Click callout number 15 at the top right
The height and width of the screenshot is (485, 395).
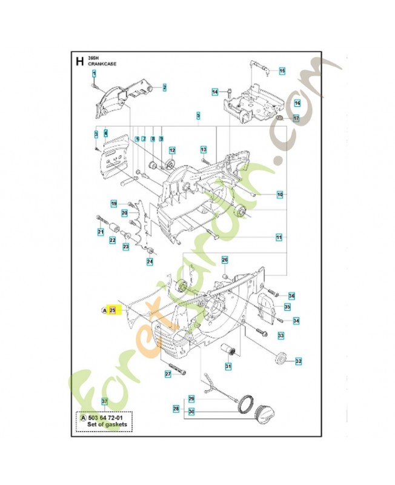coord(282,72)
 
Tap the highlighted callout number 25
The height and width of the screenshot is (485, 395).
coord(112,310)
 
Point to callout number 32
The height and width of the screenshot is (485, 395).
coord(298,361)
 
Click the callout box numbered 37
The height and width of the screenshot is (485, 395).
coord(104,401)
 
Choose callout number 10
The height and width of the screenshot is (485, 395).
coord(280,195)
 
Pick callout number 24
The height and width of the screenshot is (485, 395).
coord(149,262)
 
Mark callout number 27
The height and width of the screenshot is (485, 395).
coord(168,375)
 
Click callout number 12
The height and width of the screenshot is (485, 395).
coord(172,150)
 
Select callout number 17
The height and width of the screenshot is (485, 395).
coord(296,119)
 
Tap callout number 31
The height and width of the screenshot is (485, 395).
coord(228,366)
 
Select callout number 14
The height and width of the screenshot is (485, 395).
coord(214,92)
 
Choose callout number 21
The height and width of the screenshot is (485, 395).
coord(101,232)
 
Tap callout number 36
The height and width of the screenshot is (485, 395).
coord(291,296)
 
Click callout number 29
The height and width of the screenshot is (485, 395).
coord(191,398)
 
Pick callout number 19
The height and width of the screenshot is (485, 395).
coord(113,203)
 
